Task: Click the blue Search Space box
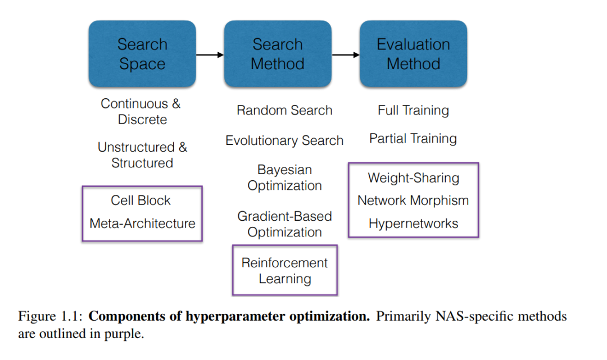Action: tap(142, 54)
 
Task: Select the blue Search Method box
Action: tap(278, 54)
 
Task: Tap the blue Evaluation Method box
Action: tap(414, 54)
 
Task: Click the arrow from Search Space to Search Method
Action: tap(210, 55)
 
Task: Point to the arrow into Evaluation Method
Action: tap(346, 55)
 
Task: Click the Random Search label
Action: tap(284, 110)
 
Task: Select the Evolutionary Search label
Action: tap(284, 140)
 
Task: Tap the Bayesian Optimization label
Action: tap(284, 177)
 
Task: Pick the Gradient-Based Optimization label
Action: tap(284, 224)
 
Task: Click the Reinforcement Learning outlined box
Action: tap(284, 245)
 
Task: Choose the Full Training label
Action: tap(414, 110)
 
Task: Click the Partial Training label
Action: tap(413, 138)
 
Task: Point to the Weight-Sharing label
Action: tap(414, 177)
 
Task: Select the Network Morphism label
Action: tap(413, 200)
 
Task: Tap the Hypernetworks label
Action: tap(414, 223)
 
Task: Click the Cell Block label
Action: tap(141, 200)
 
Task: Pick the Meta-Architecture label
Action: tap(142, 223)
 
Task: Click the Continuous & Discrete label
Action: tap(141, 111)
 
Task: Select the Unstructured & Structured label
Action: tap(142, 154)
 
